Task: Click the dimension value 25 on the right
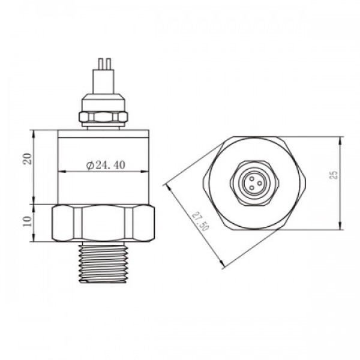(x=334, y=175)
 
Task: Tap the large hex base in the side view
(x=104, y=223)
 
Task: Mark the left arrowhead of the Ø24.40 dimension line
(x=60, y=173)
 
